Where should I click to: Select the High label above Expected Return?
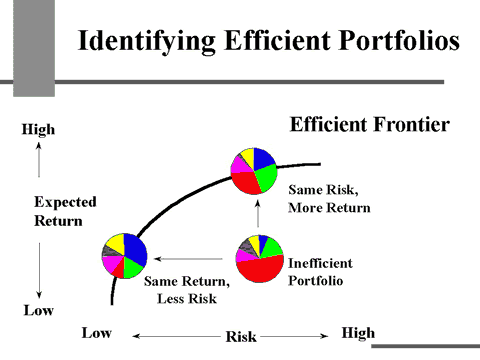pyautogui.click(x=39, y=130)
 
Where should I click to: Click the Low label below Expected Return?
pyautogui.click(x=37, y=310)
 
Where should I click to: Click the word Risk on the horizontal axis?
pyautogui.click(x=240, y=337)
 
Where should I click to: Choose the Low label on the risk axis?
pyautogui.click(x=96, y=332)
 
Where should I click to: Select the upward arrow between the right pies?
pyautogui.click(x=258, y=213)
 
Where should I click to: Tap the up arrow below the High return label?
pyautogui.click(x=38, y=160)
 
